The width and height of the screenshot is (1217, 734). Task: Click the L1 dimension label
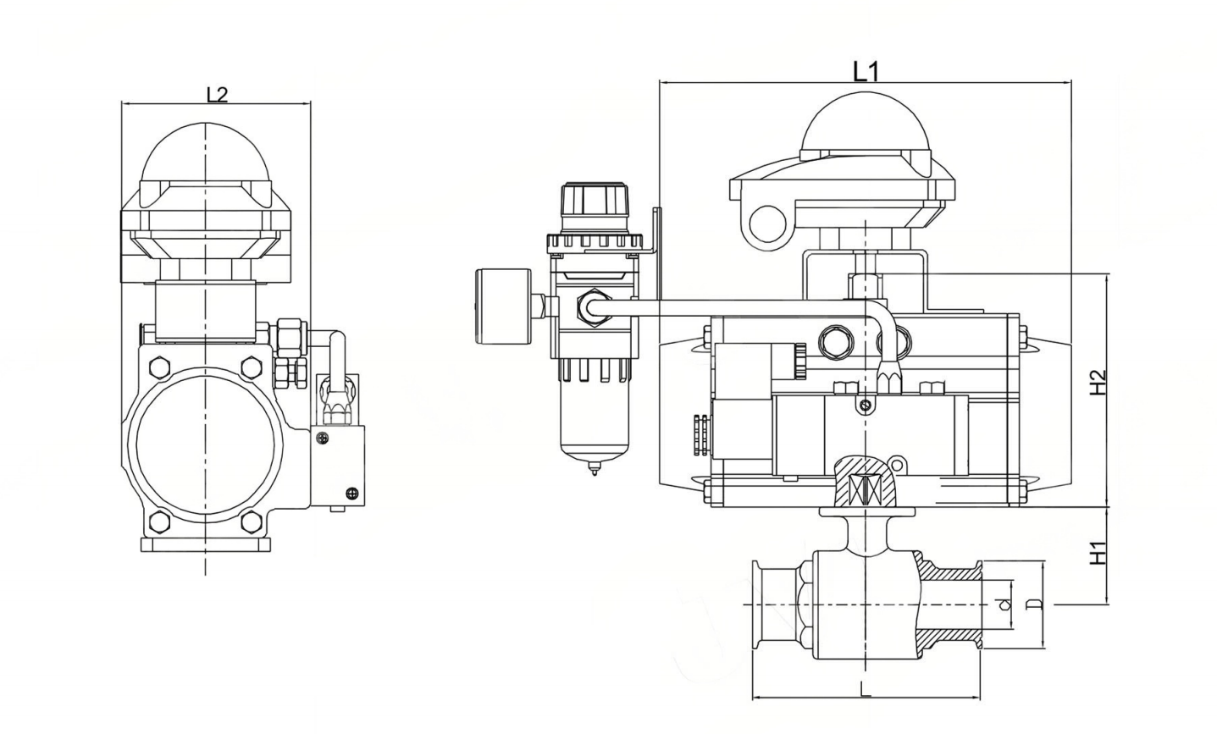pyautogui.click(x=865, y=71)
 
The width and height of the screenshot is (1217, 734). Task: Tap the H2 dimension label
pyautogui.click(x=1098, y=383)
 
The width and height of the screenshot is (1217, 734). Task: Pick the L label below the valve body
pyautogui.click(x=865, y=689)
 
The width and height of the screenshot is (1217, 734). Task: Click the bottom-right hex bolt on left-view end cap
pyautogui.click(x=251, y=522)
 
